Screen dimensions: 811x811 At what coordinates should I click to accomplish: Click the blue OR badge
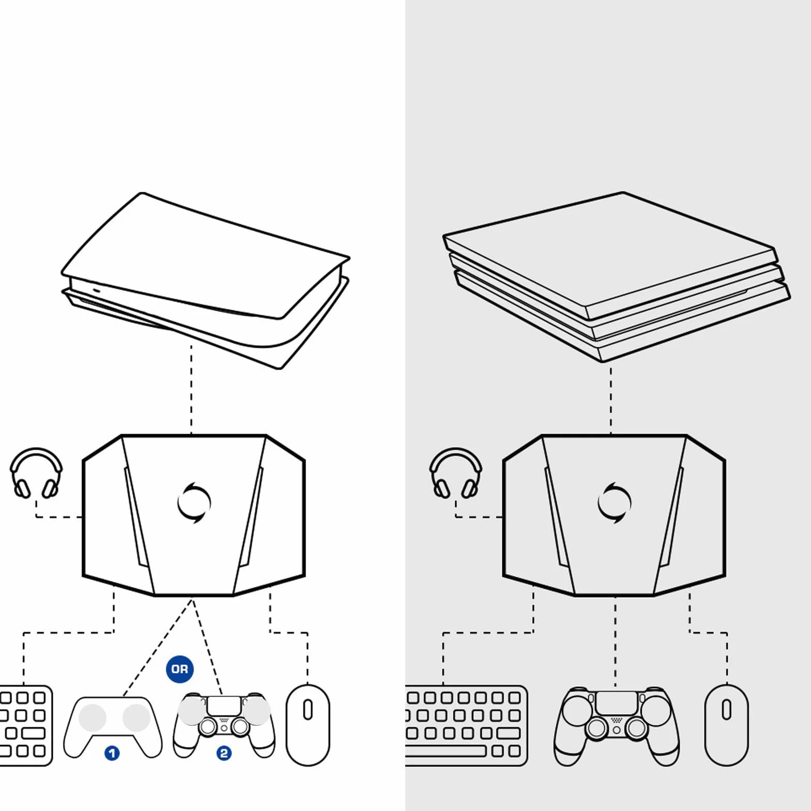[x=179, y=669]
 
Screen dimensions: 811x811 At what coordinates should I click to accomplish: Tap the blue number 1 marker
[x=112, y=753]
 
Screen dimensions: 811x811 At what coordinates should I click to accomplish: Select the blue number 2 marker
[x=224, y=753]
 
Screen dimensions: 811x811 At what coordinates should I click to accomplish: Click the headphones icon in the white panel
[x=36, y=473]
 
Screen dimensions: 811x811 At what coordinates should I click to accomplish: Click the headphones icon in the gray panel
[x=456, y=473]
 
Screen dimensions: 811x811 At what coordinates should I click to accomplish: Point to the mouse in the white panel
[x=308, y=725]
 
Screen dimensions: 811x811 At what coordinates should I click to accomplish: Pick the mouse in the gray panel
[x=727, y=725]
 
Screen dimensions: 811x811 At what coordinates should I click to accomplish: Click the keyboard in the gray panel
[x=466, y=725]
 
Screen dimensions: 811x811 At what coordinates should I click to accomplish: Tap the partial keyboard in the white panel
[x=26, y=725]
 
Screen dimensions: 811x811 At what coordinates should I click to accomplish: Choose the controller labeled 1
[x=113, y=726]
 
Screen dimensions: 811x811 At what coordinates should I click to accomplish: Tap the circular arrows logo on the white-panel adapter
[x=194, y=502]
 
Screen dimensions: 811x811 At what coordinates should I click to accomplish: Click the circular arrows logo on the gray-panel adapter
[x=615, y=502]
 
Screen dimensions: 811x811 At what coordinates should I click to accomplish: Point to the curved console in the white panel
[x=206, y=281]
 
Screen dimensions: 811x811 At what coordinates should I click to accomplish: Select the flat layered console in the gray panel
[x=617, y=277]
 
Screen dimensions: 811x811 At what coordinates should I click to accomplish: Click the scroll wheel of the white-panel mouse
[x=308, y=710]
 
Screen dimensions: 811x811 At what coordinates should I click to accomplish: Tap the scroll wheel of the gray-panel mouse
[x=727, y=710]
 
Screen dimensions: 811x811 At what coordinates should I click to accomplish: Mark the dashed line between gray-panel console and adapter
[x=611, y=399]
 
